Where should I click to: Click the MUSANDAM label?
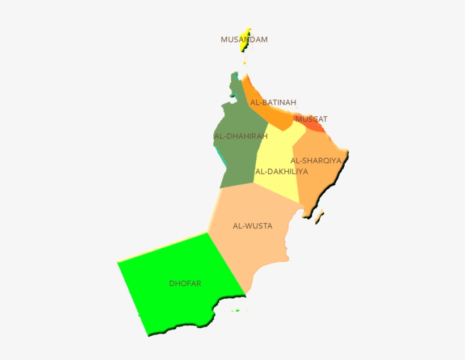pyautogui.click(x=244, y=40)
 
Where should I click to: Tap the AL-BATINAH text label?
pyautogui.click(x=273, y=103)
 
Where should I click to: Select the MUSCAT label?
pyautogui.click(x=311, y=120)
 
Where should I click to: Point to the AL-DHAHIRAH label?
pyautogui.click(x=240, y=136)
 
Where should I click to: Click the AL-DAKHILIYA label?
pyautogui.click(x=281, y=171)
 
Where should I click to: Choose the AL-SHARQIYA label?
pyautogui.click(x=316, y=160)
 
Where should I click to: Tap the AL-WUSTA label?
pyautogui.click(x=252, y=226)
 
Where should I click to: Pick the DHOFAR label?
pyautogui.click(x=185, y=283)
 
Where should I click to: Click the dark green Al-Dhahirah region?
pyautogui.click(x=238, y=159)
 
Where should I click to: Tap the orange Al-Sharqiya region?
pyautogui.click(x=320, y=181)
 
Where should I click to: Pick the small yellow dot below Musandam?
pyautogui.click(x=244, y=62)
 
